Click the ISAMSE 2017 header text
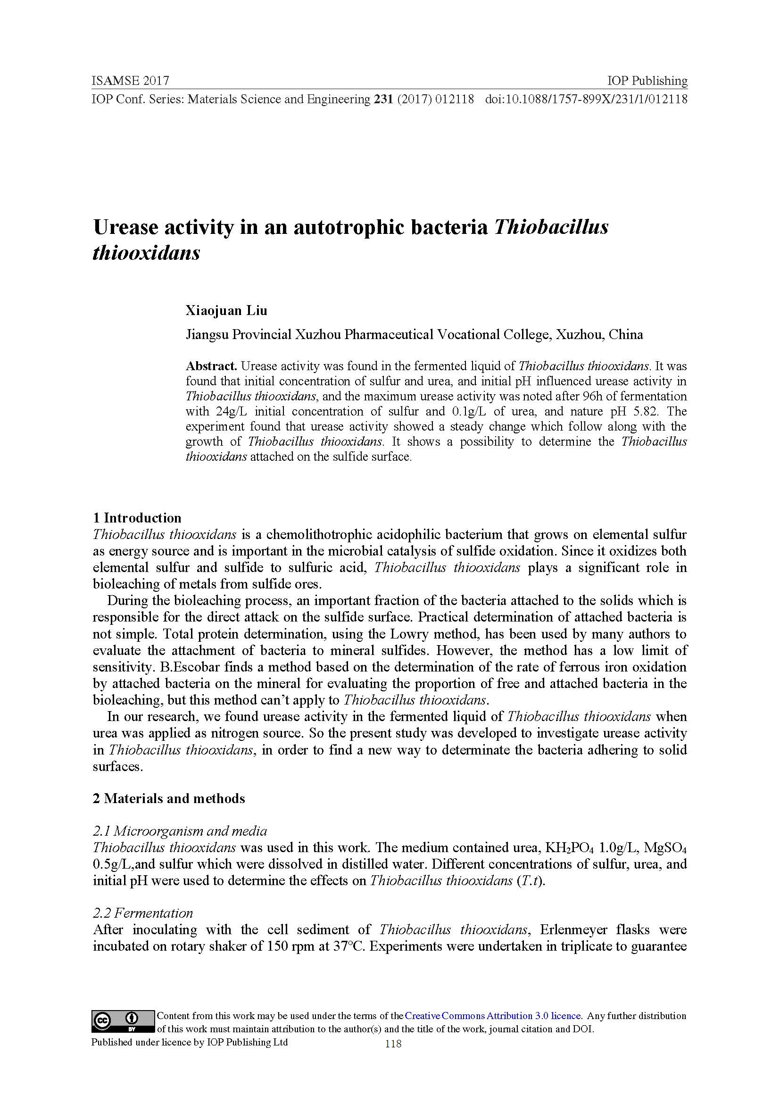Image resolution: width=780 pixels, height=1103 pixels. click(130, 81)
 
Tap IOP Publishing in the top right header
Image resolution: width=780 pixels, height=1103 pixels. click(647, 81)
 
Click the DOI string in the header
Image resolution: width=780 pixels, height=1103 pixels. click(586, 100)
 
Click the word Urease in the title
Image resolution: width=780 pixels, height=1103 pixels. click(125, 227)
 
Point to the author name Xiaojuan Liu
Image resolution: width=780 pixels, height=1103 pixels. click(226, 311)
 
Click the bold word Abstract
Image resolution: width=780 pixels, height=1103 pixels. click(211, 366)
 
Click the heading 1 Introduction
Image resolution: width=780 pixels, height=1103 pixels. click(137, 518)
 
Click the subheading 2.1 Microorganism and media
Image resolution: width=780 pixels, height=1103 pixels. click(180, 830)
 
